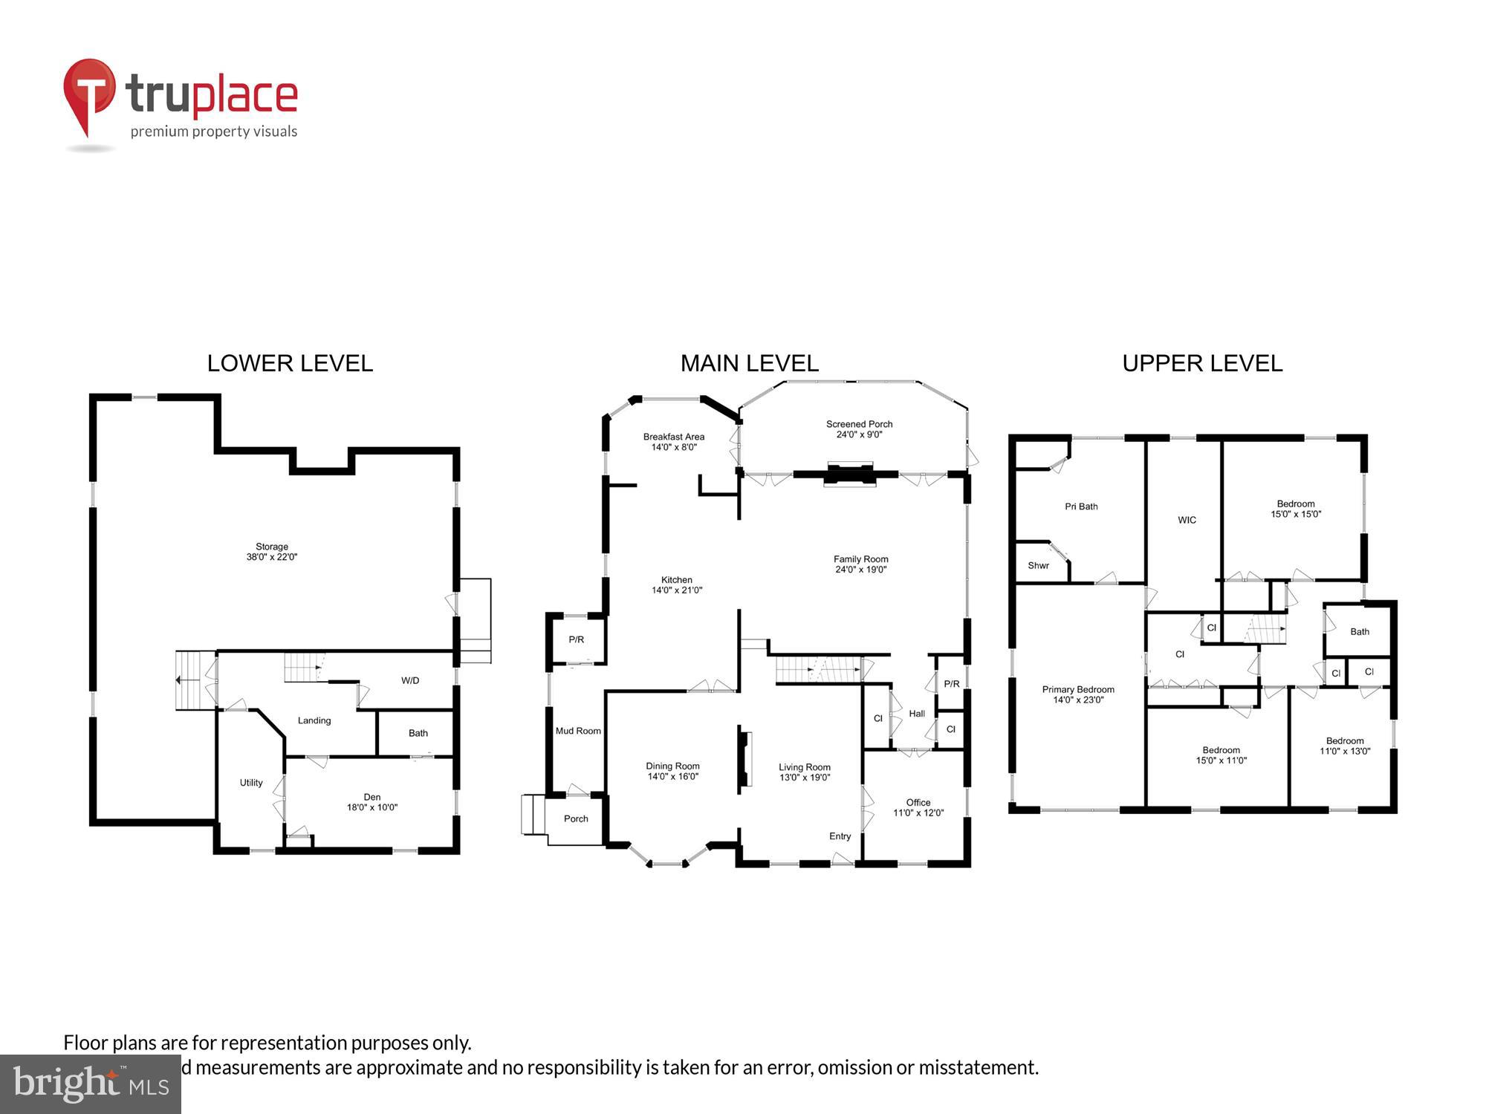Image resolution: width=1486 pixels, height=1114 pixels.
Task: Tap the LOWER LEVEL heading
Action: [290, 363]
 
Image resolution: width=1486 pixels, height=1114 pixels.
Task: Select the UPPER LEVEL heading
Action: [1202, 363]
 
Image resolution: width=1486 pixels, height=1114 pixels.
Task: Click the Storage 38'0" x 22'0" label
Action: [272, 552]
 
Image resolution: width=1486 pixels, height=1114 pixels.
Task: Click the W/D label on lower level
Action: [410, 680]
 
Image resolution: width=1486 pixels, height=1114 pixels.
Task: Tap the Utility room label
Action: [251, 783]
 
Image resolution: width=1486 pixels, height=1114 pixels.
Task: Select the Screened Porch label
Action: [859, 429]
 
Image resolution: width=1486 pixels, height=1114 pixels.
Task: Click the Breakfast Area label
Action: [674, 442]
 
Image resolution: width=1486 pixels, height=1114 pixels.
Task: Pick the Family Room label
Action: [860, 564]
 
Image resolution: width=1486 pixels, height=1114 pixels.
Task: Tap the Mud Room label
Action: [578, 731]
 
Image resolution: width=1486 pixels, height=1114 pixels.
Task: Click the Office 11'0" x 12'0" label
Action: [918, 807]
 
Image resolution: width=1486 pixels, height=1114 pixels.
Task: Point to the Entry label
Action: [840, 836]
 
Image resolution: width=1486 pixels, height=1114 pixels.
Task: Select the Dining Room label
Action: [672, 771]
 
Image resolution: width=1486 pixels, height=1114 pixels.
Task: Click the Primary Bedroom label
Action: [1078, 694]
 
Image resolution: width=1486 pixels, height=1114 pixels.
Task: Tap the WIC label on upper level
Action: [1187, 520]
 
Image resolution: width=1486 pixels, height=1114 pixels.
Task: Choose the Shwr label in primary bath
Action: [1038, 566]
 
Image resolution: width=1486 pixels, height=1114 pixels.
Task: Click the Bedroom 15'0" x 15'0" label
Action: [1296, 509]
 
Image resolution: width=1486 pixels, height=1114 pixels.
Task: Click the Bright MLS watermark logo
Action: [91, 1084]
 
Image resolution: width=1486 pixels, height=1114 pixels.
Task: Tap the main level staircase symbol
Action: [817, 670]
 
